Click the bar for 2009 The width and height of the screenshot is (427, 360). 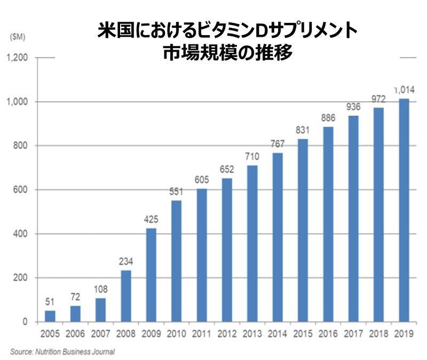coord(151,275)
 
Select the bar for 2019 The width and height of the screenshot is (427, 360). coord(404,210)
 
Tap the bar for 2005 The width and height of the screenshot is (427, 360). coord(50,316)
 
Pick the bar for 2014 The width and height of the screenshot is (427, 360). coord(278,237)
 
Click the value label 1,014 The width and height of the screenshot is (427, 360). coord(404,90)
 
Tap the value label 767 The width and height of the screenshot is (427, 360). coord(278,143)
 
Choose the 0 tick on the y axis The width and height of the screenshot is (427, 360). coord(26,322)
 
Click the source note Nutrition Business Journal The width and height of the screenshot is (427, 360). coord(62,352)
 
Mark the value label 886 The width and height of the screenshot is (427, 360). coord(328,117)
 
